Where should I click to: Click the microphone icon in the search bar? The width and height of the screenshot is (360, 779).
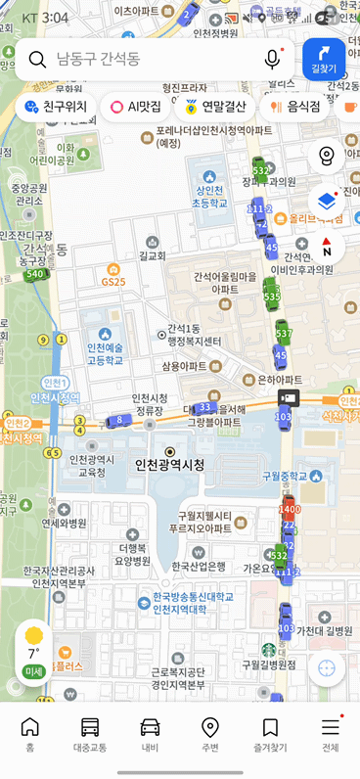(272, 60)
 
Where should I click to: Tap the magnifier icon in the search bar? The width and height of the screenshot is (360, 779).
(38, 60)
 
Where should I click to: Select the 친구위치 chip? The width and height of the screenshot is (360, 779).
(56, 107)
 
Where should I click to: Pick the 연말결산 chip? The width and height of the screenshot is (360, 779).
(215, 107)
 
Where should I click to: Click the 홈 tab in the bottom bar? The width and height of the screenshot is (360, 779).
(30, 735)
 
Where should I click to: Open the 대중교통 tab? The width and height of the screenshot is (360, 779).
(90, 735)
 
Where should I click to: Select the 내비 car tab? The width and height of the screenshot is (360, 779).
(150, 735)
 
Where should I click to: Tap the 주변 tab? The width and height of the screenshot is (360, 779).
(209, 735)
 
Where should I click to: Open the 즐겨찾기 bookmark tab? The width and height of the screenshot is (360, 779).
(270, 735)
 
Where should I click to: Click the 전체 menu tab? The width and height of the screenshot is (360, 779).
(330, 735)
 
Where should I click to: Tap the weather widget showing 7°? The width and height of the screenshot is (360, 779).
(34, 652)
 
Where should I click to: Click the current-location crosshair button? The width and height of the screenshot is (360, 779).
(327, 668)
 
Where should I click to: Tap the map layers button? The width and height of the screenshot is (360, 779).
(327, 200)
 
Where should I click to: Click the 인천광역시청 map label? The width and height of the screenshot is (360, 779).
(169, 465)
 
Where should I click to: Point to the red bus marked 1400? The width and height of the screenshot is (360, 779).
(289, 508)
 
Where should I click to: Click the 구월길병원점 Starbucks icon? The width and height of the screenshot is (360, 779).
(268, 649)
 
